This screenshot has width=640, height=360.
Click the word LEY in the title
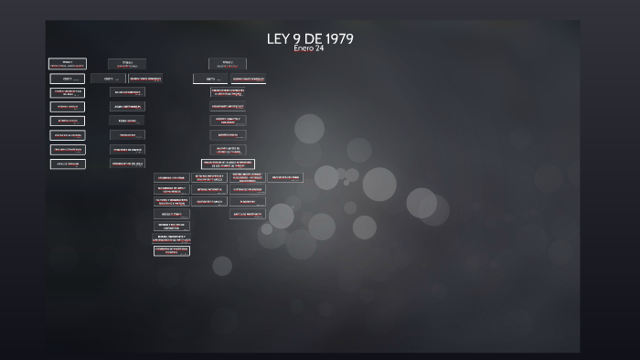click(278, 38)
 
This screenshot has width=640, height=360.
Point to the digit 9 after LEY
click(296, 38)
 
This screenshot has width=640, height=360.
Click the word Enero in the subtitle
click(303, 48)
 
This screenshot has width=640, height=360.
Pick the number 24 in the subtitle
click(319, 48)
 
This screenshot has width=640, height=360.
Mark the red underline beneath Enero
click(302, 53)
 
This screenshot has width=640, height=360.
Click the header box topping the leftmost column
click(68, 64)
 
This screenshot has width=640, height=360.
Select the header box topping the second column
click(127, 64)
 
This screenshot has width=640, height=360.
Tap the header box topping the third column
click(227, 64)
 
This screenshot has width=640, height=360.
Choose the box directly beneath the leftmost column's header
click(68, 79)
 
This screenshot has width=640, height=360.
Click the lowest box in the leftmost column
click(68, 164)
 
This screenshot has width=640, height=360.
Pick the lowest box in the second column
click(127, 164)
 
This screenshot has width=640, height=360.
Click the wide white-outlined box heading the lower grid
click(228, 164)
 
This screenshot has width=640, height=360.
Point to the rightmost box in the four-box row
click(284, 177)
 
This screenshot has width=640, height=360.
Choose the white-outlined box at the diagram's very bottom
click(172, 249)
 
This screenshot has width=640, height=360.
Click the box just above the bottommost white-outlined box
click(172, 237)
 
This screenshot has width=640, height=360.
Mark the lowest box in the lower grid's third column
click(248, 214)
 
